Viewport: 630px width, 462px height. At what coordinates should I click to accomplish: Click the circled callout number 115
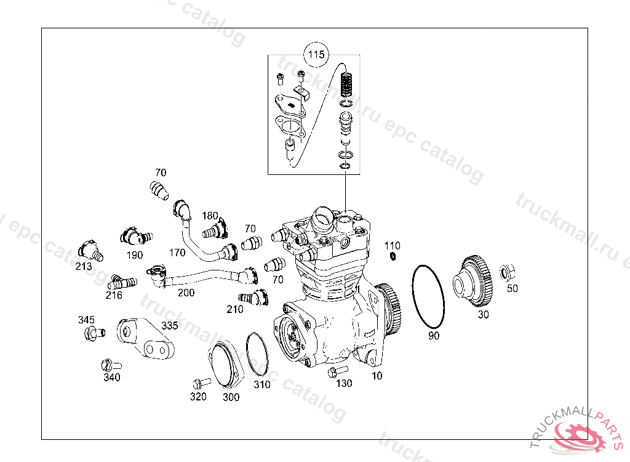[316, 55]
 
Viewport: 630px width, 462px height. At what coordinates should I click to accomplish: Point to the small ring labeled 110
[393, 256]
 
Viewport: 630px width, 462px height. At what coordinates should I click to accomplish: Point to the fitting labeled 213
[89, 250]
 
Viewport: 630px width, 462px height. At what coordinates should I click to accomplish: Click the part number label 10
[377, 375]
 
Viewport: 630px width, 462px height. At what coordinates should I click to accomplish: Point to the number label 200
[186, 293]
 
